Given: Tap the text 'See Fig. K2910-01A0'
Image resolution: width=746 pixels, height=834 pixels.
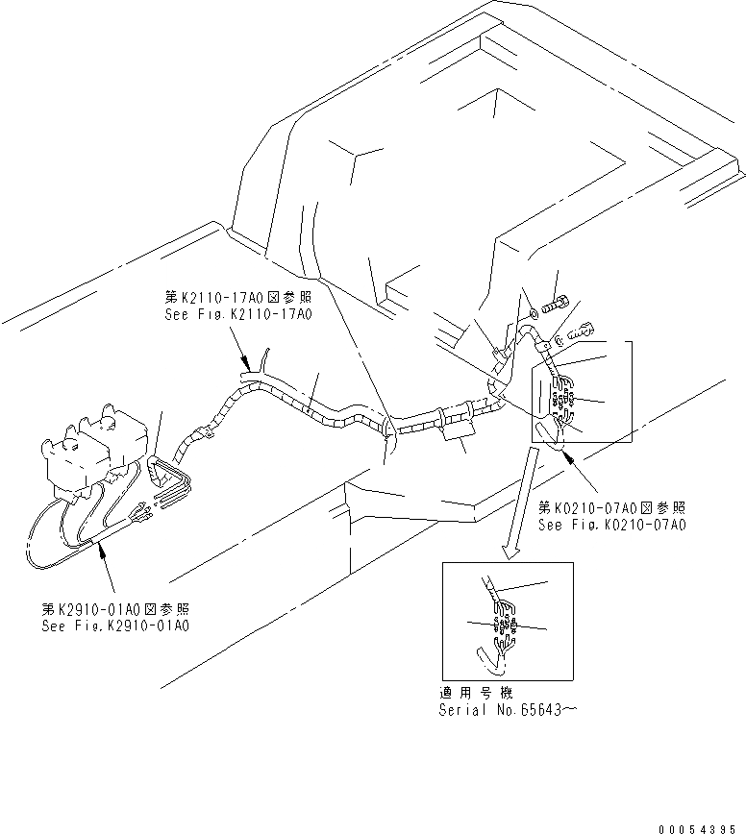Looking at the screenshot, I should click(x=115, y=625).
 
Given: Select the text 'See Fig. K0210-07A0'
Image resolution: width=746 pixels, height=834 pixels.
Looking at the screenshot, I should click(x=612, y=525).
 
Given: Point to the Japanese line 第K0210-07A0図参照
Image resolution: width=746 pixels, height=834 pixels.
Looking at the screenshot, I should click(x=612, y=508).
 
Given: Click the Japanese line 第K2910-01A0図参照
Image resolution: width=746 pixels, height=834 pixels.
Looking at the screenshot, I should click(x=115, y=609).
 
